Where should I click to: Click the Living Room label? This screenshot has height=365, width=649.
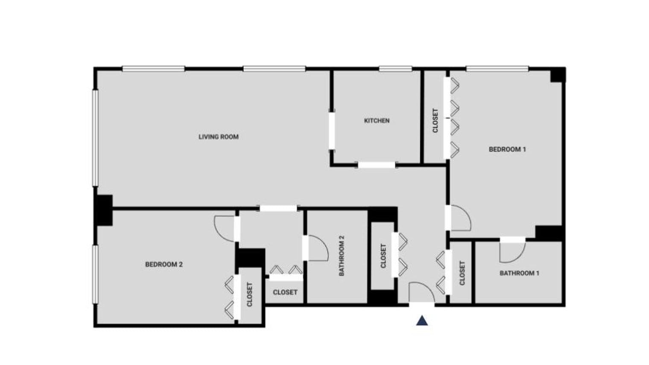[x=218, y=137]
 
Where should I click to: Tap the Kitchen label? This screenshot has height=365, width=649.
[x=377, y=121]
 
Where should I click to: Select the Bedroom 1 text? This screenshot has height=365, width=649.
[x=507, y=149]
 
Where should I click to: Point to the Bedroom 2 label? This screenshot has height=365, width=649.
[x=164, y=265]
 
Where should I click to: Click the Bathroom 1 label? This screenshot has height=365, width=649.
[x=519, y=273]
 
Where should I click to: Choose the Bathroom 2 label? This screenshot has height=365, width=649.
[x=342, y=256]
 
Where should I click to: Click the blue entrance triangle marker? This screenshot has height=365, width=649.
[x=422, y=321]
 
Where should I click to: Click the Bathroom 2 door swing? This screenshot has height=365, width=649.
[x=317, y=248]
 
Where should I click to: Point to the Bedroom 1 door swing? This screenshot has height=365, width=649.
[x=460, y=218]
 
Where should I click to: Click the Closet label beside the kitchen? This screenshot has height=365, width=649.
[x=435, y=121]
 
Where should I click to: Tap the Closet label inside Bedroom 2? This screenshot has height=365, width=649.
[x=250, y=295]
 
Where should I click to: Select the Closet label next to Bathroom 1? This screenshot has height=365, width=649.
[x=462, y=273]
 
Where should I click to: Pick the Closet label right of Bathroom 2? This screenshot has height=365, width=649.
[x=383, y=256]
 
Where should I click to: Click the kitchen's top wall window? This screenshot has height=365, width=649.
[x=395, y=68]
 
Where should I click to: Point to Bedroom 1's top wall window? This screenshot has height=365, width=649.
[x=497, y=68]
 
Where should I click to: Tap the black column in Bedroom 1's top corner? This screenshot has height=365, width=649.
[x=558, y=75]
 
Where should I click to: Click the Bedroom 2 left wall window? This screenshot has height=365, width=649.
[x=95, y=274]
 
